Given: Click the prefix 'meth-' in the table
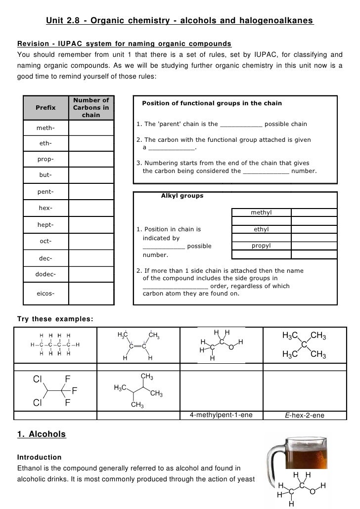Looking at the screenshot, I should click(x=45, y=128).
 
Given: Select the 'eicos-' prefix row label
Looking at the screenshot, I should click(x=45, y=294).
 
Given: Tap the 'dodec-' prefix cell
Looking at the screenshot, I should click(x=45, y=274).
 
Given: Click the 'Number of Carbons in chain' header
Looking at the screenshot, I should click(x=91, y=108).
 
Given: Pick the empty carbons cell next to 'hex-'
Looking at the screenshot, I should click(x=91, y=209).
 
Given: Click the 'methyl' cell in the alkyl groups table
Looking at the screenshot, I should click(x=261, y=212).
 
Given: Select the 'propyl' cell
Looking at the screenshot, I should click(x=261, y=246).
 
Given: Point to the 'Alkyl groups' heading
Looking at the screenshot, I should click(x=182, y=196).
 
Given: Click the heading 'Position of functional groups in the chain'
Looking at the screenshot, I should click(x=212, y=103).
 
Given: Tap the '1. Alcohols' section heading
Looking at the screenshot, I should click(x=41, y=434).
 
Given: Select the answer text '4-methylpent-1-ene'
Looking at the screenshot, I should click(x=221, y=415).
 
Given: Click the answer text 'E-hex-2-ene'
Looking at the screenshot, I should click(x=305, y=415).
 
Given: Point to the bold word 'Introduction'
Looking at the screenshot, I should click(x=40, y=457).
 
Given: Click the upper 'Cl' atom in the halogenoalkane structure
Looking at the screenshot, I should click(x=38, y=379).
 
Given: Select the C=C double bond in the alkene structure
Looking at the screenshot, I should click(x=137, y=345).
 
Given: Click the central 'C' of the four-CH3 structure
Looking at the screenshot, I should click(x=304, y=344).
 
